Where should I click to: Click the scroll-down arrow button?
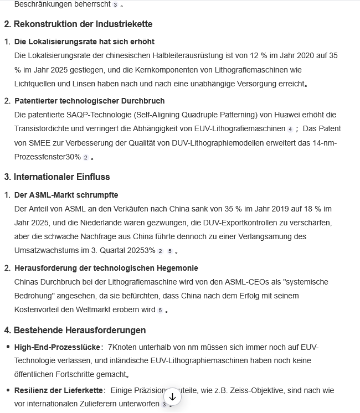click(172, 396)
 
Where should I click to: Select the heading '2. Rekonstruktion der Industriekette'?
click(78, 24)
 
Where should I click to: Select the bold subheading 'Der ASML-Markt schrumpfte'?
click(66, 195)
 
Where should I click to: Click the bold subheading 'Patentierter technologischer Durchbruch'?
click(89, 101)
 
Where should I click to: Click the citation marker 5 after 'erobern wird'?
click(160, 311)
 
